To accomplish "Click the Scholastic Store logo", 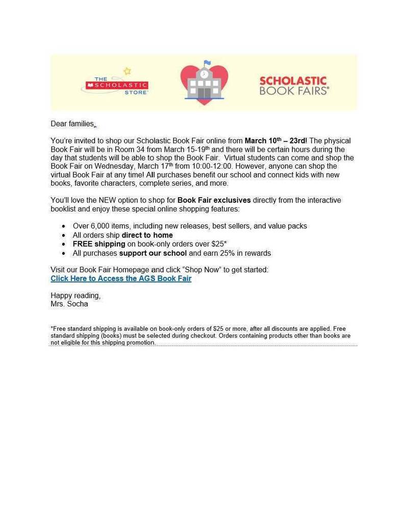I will (x=115, y=85).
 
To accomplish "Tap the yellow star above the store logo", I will (x=128, y=71).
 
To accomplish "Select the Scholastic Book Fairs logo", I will (x=294, y=85).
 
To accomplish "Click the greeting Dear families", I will (x=72, y=124).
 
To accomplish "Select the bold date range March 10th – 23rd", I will (x=275, y=141).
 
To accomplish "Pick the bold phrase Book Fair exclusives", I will (x=214, y=200).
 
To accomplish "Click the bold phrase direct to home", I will (x=147, y=235).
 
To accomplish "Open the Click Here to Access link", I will (x=121, y=278).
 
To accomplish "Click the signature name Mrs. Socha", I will (x=69, y=304).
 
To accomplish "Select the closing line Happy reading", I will (x=75, y=295).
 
